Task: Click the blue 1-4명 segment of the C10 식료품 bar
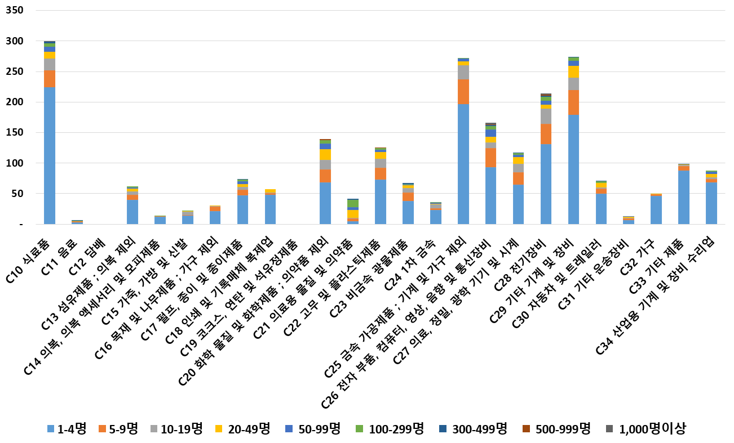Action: [49, 155]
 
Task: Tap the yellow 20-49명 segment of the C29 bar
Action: [573, 71]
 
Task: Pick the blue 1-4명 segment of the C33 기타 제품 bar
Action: [684, 197]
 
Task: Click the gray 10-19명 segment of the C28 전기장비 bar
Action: [546, 116]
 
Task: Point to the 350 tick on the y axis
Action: [14, 11]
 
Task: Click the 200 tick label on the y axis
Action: [14, 102]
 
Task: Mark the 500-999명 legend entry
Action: [560, 429]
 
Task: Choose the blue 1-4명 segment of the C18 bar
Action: [270, 209]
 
